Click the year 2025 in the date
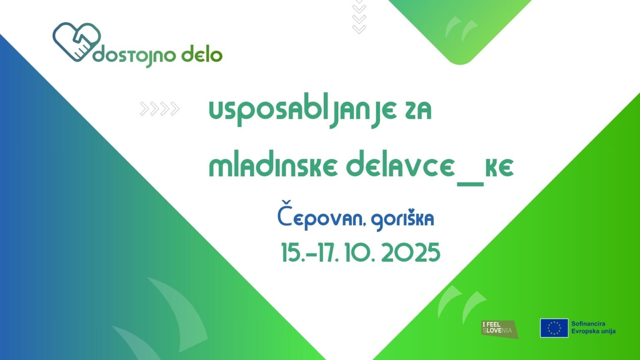410,253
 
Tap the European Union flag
554,328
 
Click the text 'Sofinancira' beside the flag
588,324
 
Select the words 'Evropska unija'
593,331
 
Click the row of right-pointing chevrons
160,109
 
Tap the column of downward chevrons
359,17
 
